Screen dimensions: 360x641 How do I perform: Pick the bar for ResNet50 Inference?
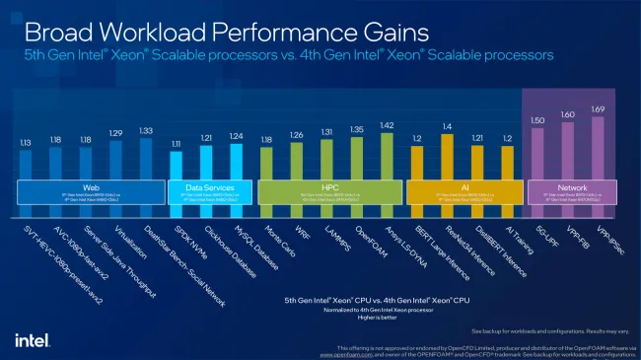(x=447, y=155)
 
